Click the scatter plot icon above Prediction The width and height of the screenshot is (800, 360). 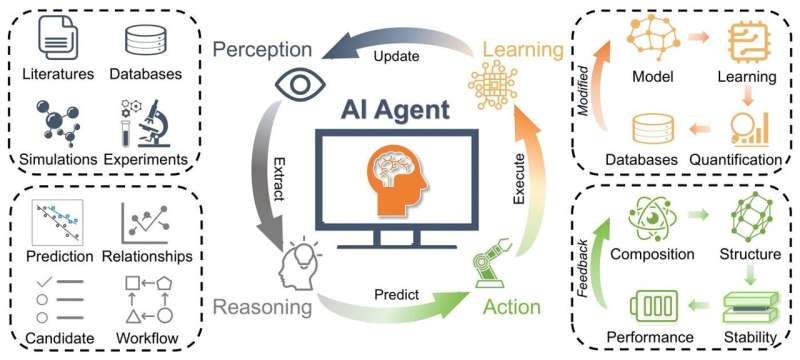point(56,223)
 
